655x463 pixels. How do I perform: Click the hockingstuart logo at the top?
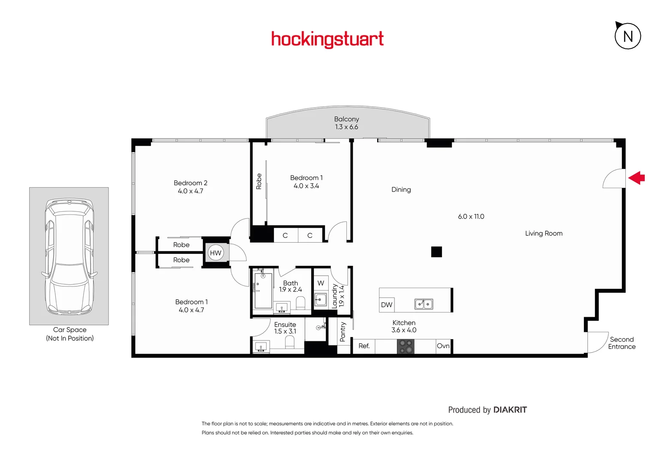click(327, 39)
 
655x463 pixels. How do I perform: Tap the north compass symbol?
click(628, 36)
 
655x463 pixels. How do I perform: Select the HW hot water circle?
click(216, 253)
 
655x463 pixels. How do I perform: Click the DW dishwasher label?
click(387, 305)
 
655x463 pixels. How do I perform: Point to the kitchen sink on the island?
click(424, 304)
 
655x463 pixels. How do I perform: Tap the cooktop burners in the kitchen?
click(406, 346)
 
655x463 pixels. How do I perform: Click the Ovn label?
click(443, 346)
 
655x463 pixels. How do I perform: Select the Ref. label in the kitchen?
click(364, 346)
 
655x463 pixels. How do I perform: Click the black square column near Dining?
click(436, 252)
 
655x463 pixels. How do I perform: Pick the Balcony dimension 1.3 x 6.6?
click(346, 127)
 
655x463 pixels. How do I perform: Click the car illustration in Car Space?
click(69, 256)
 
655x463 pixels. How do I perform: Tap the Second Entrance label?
click(622, 343)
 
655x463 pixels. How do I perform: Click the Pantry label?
click(343, 332)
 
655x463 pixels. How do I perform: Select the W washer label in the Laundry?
click(321, 283)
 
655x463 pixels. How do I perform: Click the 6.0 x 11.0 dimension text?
click(471, 216)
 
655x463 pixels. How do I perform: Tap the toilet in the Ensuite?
click(290, 342)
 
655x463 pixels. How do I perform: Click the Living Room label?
click(544, 233)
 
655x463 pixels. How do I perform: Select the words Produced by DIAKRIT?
click(487, 410)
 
